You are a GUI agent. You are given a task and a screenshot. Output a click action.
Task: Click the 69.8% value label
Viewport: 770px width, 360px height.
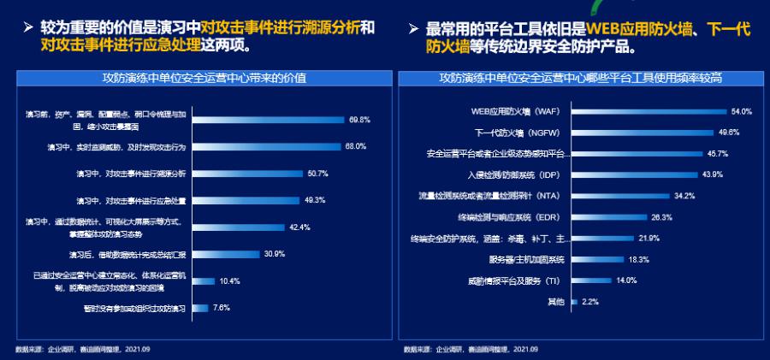[x=359, y=119]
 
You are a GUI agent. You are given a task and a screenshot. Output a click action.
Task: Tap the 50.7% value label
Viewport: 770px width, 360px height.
[x=317, y=173]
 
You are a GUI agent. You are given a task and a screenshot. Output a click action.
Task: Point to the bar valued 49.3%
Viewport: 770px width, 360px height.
[x=244, y=200]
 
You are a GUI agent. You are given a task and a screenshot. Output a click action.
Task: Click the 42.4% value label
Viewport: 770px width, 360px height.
[x=299, y=227]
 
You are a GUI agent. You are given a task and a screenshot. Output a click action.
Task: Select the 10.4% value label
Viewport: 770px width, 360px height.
[x=229, y=280]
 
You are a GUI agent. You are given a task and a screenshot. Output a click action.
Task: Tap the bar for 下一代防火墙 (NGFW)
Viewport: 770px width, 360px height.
[x=641, y=133]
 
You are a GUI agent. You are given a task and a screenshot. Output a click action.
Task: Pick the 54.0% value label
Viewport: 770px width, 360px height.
[x=741, y=111]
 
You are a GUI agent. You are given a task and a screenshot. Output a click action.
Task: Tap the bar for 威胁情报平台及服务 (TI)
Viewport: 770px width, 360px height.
[x=589, y=280]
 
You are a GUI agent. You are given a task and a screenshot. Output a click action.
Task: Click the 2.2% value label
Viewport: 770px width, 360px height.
[x=590, y=302]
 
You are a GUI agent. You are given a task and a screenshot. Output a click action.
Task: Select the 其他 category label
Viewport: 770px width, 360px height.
[x=556, y=302]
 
